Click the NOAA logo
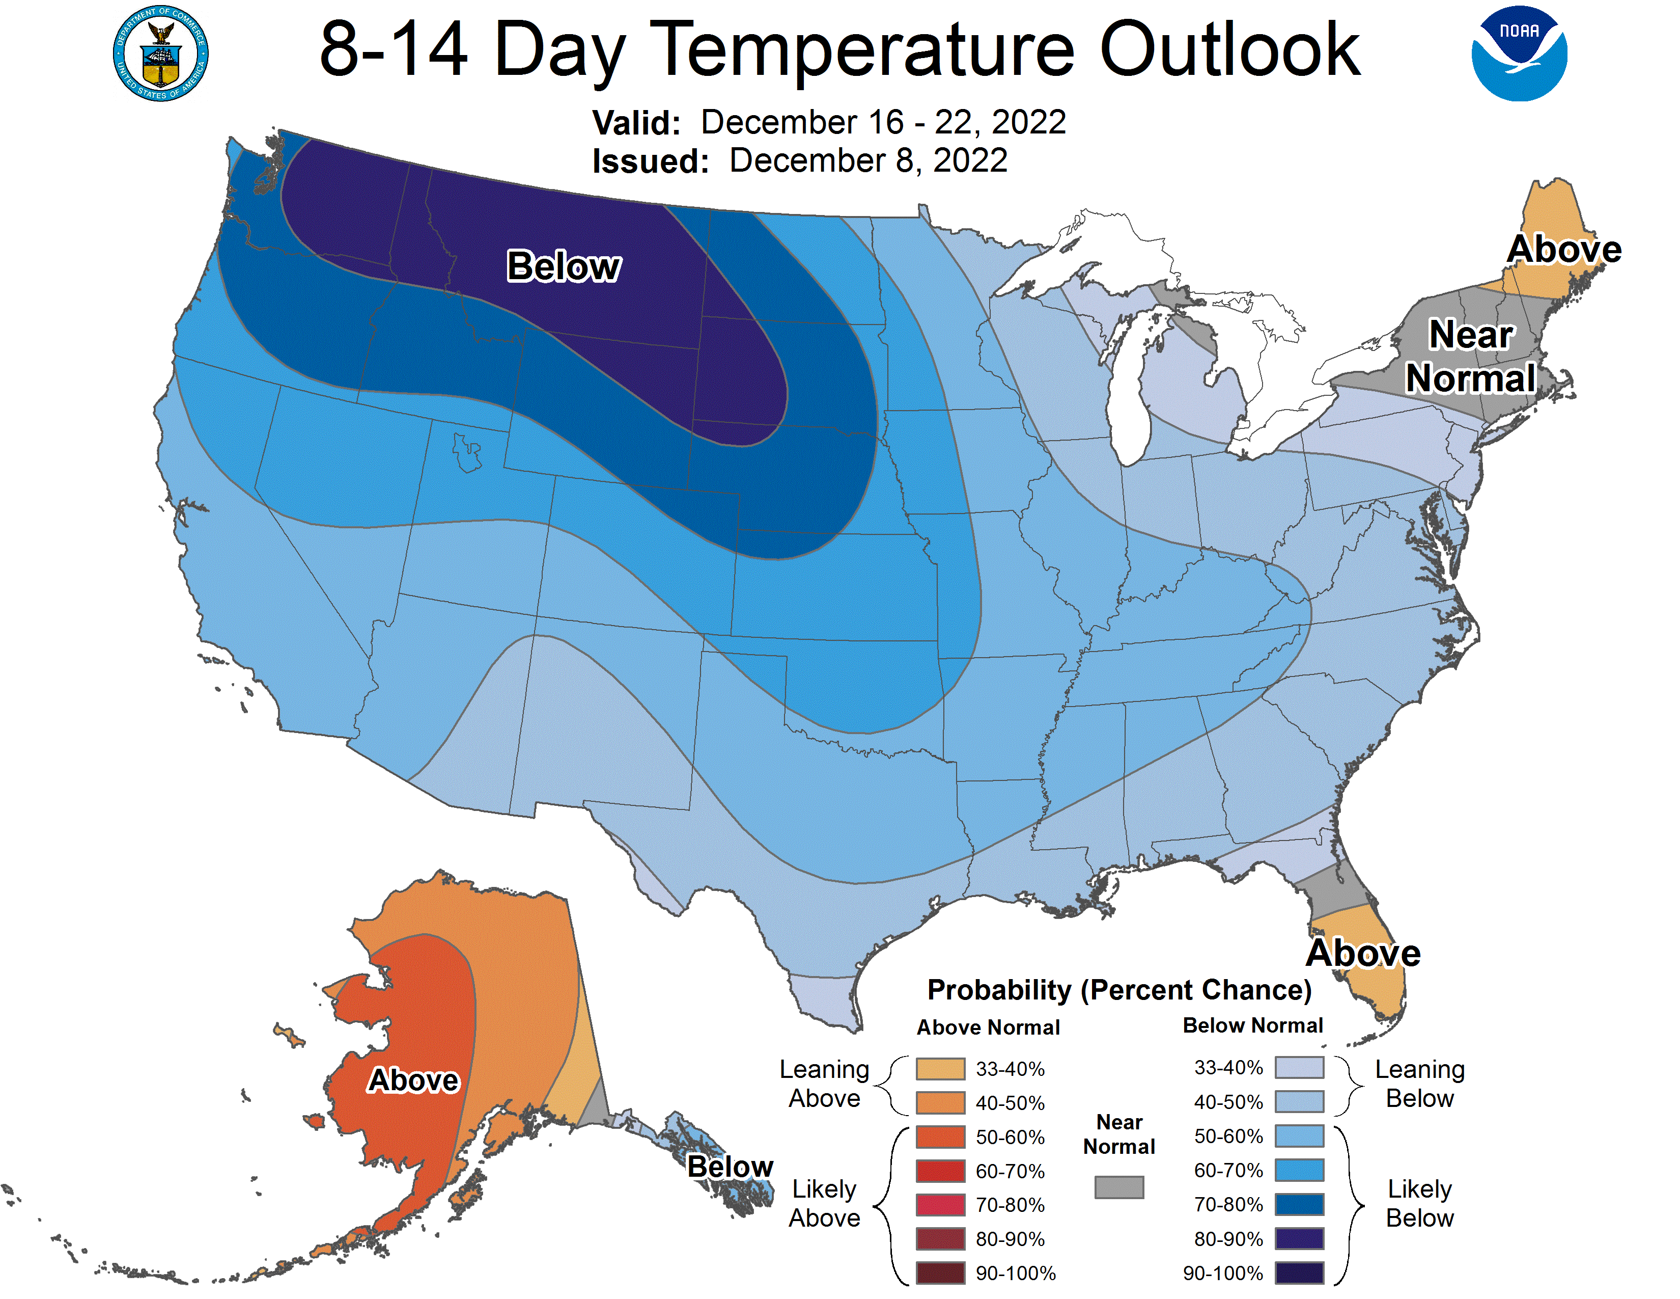tap(1519, 54)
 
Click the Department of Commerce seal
tap(161, 54)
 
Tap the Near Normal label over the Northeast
tap(1470, 356)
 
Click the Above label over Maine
tap(1564, 249)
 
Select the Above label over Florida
tap(1363, 953)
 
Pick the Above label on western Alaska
tap(413, 1079)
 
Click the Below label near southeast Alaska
tap(729, 1166)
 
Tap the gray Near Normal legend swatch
tap(1118, 1186)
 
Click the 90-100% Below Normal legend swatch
tap(1299, 1273)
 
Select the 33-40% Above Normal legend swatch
tap(940, 1068)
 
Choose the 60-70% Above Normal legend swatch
tap(940, 1171)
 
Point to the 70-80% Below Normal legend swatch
tap(1299, 1204)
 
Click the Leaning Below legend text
tap(1419, 1084)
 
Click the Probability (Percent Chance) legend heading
tap(1119, 990)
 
